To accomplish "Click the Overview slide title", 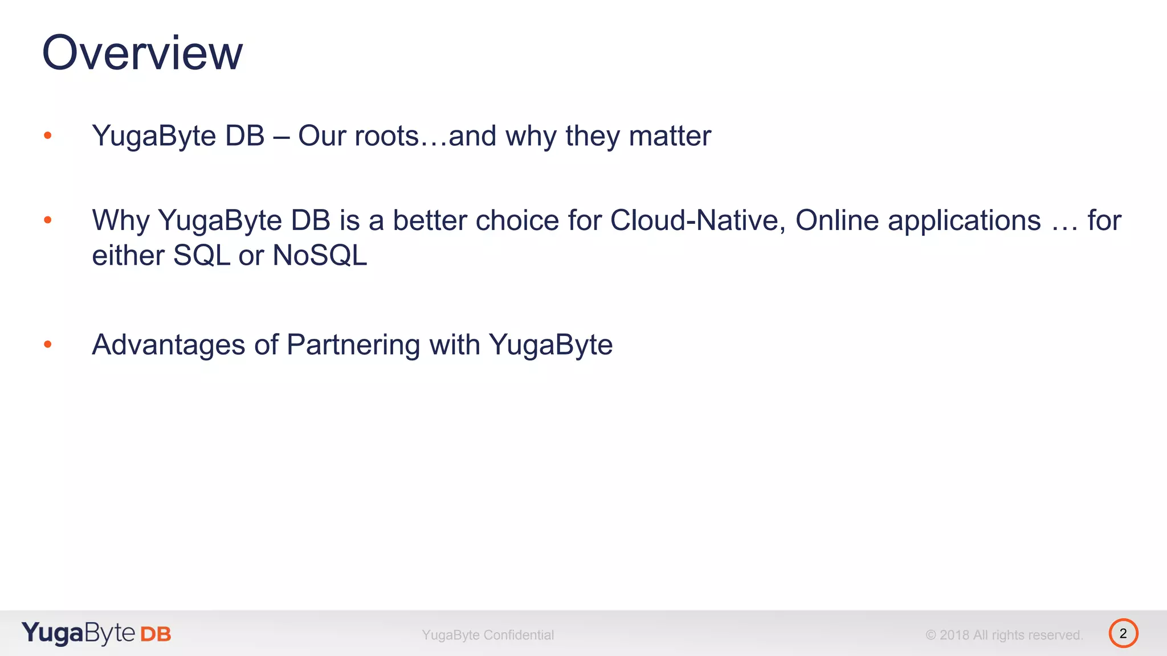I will click(142, 52).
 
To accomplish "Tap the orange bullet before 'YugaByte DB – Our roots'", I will click(48, 136).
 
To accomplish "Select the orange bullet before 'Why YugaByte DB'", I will click(48, 220).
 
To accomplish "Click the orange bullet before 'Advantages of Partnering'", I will click(48, 344).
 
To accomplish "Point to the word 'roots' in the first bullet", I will click(386, 136).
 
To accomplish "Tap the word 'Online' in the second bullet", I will click(837, 220).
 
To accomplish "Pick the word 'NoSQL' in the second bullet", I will click(320, 255).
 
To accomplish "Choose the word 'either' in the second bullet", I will click(128, 255).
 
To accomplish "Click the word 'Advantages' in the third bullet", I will click(169, 345).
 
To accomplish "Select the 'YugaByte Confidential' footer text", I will click(488, 635).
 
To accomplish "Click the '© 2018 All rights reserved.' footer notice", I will click(1004, 635).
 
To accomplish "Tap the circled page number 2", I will click(1123, 633).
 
